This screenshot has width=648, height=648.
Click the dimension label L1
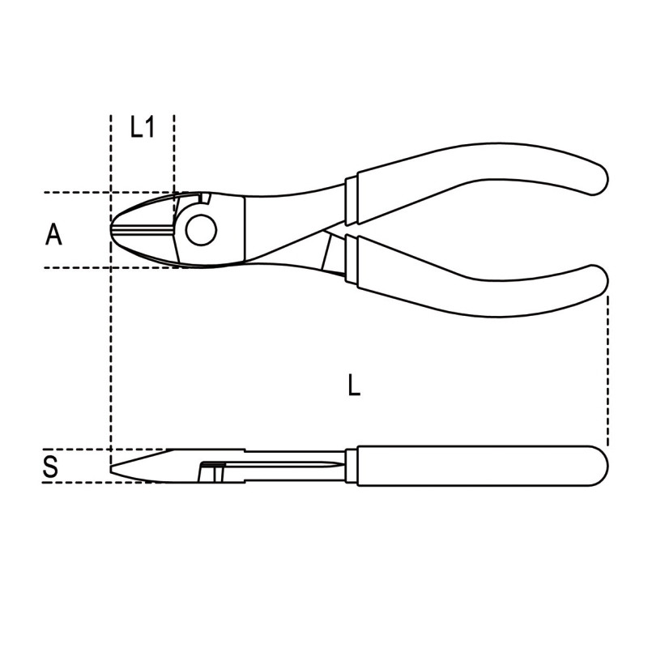coord(143,127)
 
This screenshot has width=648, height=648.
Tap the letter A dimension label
coord(53,234)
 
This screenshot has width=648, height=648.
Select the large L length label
coord(353,386)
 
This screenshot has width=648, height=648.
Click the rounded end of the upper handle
coord(595,175)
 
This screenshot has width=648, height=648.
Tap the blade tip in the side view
coord(113,468)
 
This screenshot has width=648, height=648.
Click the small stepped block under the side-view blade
coord(211,471)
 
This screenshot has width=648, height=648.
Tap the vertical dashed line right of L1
coord(174,154)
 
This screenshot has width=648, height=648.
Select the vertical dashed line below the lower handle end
coord(607,364)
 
